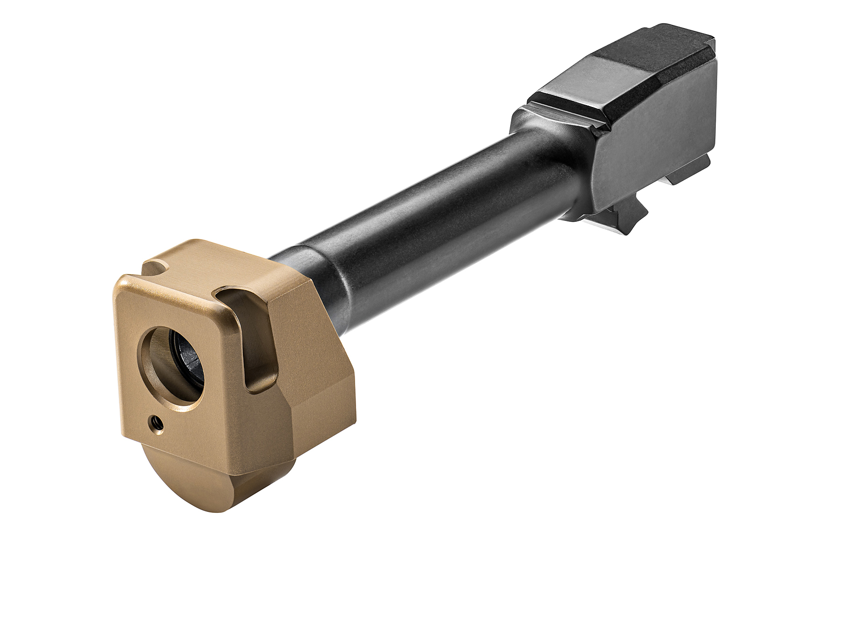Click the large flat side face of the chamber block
[654, 154]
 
